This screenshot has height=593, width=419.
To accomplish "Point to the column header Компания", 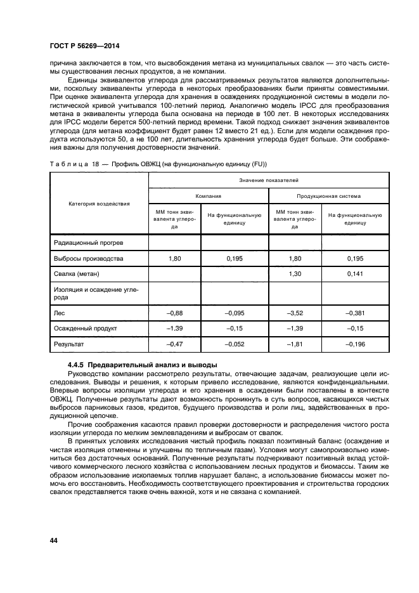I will (x=208, y=197).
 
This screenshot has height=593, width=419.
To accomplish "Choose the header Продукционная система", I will (x=329, y=197).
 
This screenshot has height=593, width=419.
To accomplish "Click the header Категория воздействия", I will (x=99, y=204).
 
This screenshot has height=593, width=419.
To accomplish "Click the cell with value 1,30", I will (x=294, y=273).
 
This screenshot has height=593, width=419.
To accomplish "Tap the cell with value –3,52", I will (x=294, y=313).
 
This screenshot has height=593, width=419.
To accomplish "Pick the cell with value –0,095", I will (x=234, y=313).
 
